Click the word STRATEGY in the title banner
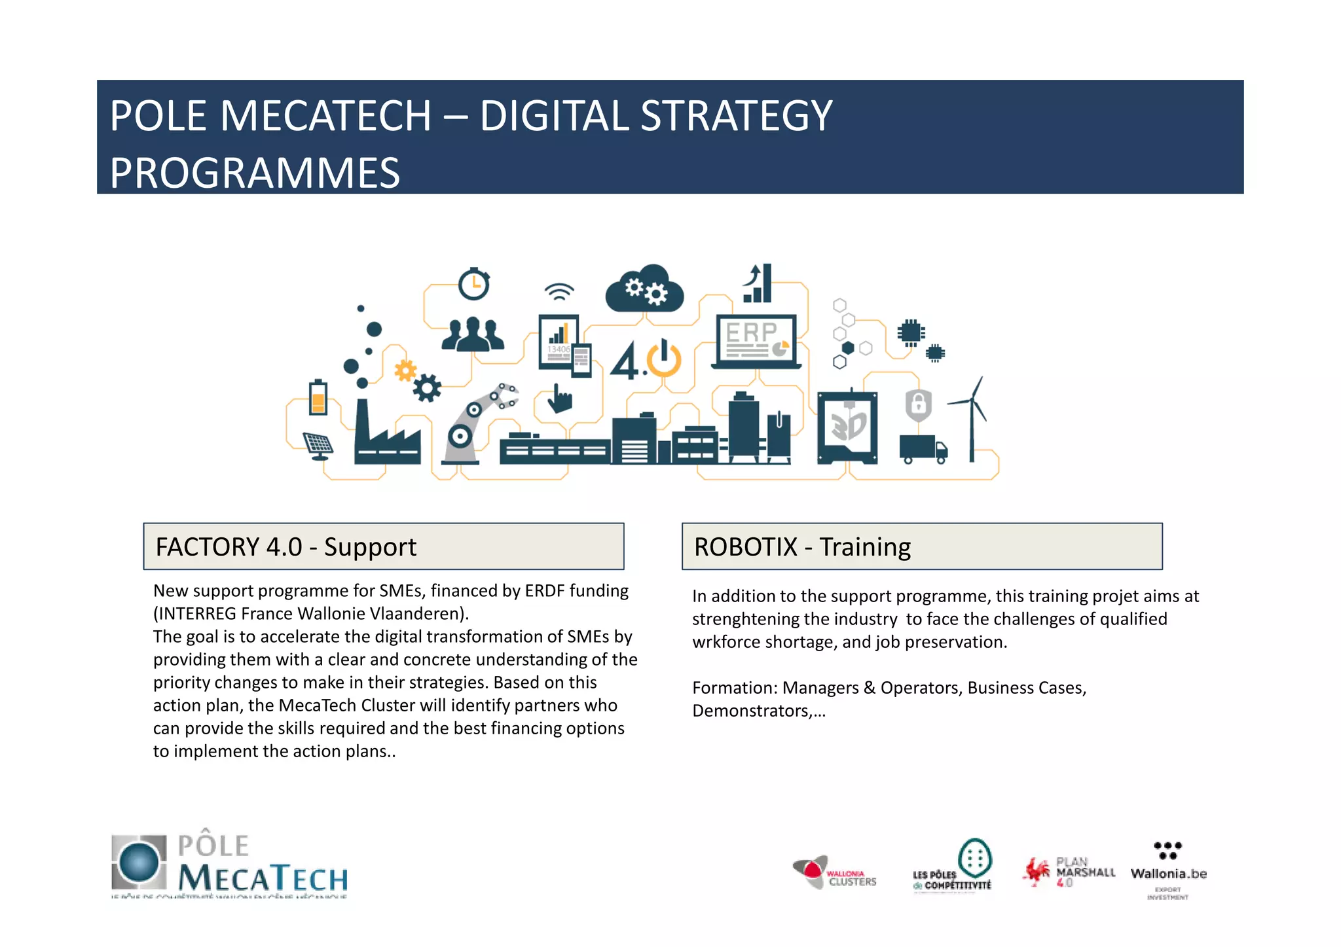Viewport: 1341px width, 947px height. [x=736, y=116]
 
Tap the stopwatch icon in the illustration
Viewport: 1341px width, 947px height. [x=473, y=284]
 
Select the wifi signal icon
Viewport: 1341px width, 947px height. [x=559, y=292]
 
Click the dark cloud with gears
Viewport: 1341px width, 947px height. [x=645, y=290]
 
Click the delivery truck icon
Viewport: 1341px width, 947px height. [x=923, y=449]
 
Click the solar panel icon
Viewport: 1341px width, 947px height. [x=319, y=446]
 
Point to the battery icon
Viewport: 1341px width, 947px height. [x=318, y=397]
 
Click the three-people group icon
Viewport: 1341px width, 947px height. [x=473, y=334]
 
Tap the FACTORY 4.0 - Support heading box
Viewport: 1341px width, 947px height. [x=383, y=546]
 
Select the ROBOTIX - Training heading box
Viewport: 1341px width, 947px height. [x=921, y=546]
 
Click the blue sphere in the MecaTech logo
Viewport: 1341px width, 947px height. [x=139, y=862]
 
